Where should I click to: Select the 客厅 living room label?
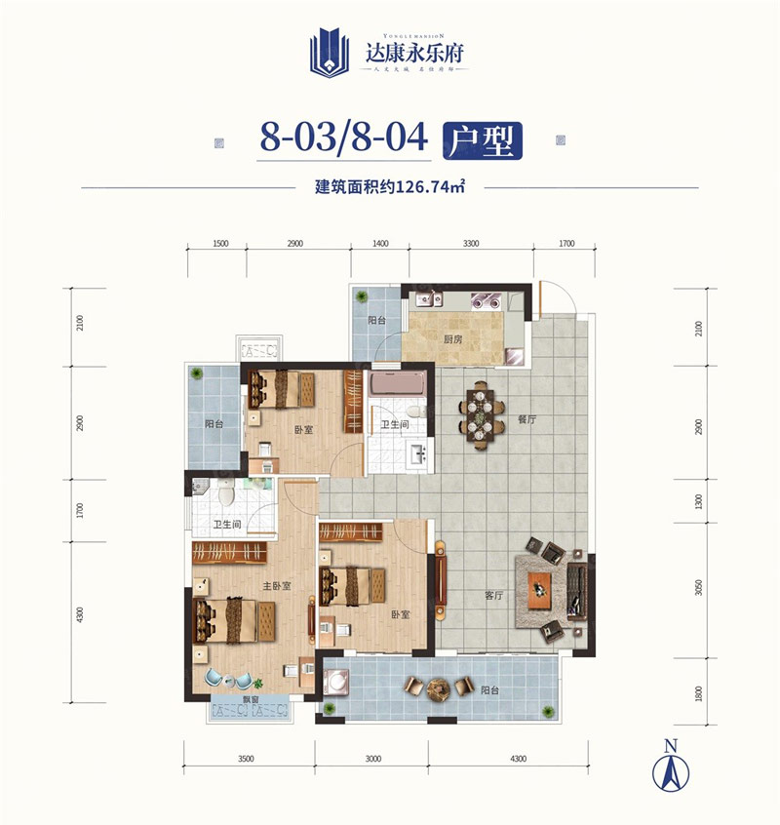click(x=493, y=594)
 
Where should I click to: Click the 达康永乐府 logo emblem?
click(x=329, y=52)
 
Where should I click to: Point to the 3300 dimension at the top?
click(x=470, y=245)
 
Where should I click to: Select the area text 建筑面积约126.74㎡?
click(x=389, y=187)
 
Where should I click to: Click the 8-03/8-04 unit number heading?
click(x=344, y=138)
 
